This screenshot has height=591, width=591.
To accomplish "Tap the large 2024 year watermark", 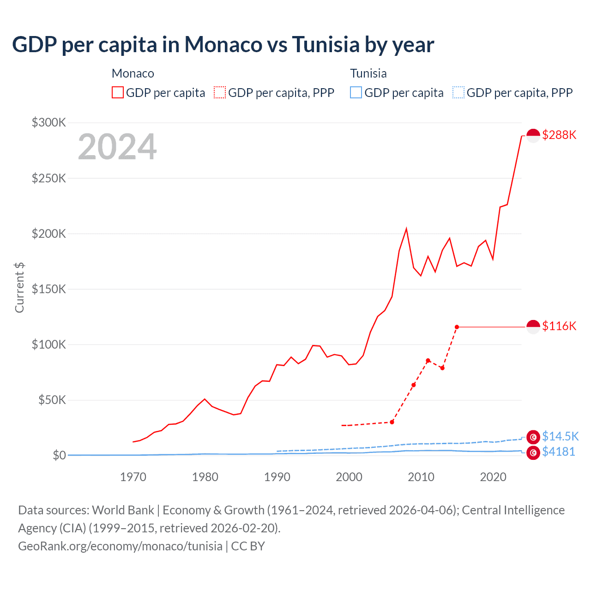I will click(117, 147).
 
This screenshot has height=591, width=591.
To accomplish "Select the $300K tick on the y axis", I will click(49, 122).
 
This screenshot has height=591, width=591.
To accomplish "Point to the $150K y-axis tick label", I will click(49, 289).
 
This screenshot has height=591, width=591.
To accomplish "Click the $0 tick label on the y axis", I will click(59, 455).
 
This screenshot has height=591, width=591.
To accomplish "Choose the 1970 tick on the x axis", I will click(133, 477).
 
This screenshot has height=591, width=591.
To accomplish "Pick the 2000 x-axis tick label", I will click(349, 477).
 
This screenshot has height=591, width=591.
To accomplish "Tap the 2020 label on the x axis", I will click(493, 477).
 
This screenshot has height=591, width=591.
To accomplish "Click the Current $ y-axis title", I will click(19, 287).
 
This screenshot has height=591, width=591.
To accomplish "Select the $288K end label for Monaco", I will click(559, 135).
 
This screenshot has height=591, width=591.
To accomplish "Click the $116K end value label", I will click(559, 326).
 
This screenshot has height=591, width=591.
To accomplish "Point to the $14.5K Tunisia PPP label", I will click(560, 436).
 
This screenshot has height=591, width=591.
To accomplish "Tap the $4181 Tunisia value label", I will click(558, 452).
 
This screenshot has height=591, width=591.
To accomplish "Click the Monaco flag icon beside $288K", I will click(533, 136).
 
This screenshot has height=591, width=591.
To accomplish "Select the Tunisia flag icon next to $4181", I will click(533, 453).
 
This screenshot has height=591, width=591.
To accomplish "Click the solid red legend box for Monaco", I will click(118, 93).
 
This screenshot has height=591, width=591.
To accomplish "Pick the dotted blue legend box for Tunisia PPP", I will click(458, 93).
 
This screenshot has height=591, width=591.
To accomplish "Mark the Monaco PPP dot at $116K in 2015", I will click(457, 327).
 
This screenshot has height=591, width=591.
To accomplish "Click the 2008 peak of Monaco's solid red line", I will click(406, 229).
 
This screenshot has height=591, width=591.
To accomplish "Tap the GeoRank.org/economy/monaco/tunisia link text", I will click(120, 546).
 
